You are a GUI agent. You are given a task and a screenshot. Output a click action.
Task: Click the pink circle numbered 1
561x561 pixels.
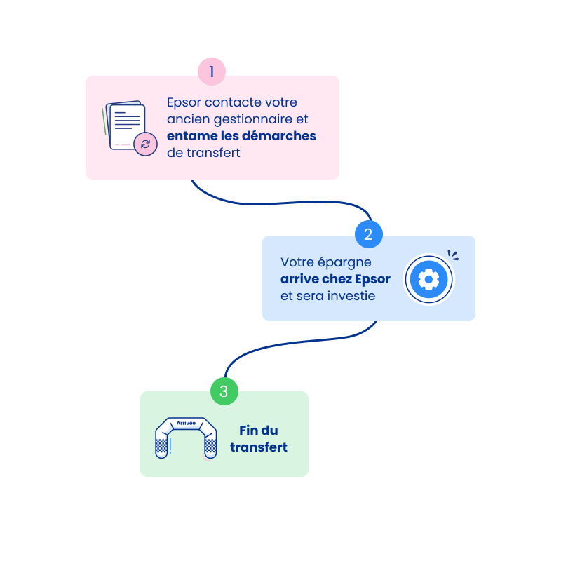pyautogui.click(x=211, y=72)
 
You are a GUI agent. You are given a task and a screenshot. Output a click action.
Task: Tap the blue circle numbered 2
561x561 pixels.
pyautogui.click(x=369, y=234)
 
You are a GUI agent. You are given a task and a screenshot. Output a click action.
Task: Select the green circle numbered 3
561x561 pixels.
pyautogui.click(x=224, y=391)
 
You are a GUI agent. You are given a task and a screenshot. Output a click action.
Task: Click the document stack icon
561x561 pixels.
pyautogui.click(x=126, y=126)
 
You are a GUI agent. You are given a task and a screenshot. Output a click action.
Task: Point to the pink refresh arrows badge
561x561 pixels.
pyautogui.click(x=145, y=144)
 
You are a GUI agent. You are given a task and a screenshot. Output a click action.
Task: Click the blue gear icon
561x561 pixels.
pyautogui.click(x=428, y=279)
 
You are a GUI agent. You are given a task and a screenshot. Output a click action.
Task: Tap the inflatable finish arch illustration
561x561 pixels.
pyautogui.click(x=186, y=438)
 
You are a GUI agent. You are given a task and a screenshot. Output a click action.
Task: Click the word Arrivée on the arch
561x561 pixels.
pyautogui.click(x=186, y=424)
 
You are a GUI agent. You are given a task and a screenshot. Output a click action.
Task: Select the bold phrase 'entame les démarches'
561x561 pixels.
pyautogui.click(x=241, y=136)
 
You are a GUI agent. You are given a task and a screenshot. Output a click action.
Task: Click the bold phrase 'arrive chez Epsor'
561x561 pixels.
pyautogui.click(x=335, y=279)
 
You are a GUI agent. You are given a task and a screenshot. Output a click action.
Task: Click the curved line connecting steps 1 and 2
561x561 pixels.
pyautogui.click(x=280, y=204)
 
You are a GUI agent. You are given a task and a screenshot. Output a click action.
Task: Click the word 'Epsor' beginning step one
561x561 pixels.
pyautogui.click(x=184, y=102)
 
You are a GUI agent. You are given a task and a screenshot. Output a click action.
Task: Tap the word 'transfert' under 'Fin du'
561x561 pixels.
pyautogui.click(x=258, y=447)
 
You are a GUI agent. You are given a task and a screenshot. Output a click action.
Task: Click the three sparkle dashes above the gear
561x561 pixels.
pyautogui.click(x=453, y=256)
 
